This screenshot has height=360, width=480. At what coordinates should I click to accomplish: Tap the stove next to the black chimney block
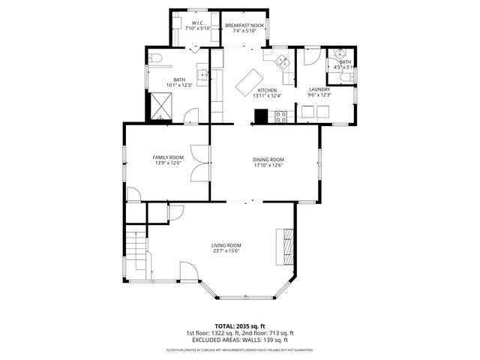point(281,116)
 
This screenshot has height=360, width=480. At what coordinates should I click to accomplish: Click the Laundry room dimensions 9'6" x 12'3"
point(320,95)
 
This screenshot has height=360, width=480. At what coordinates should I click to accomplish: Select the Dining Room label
point(268,159)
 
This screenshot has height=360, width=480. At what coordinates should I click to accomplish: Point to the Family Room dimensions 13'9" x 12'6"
point(169,163)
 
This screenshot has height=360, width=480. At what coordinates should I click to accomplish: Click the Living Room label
point(226,245)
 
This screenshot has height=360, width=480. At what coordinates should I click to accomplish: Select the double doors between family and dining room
point(199,163)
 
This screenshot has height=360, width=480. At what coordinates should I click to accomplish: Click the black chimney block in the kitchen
point(261,116)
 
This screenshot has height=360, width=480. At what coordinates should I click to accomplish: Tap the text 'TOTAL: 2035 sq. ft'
point(240,325)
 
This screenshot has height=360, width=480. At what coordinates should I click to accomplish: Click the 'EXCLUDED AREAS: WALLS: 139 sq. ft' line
point(240,340)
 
